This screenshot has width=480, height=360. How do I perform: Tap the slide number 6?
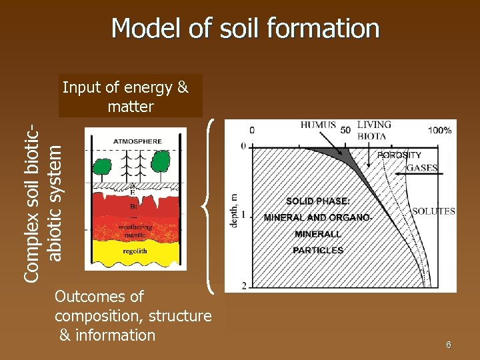pyautogui.click(x=449, y=345)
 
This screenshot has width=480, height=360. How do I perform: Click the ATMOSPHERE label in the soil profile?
pyautogui.click(x=137, y=141)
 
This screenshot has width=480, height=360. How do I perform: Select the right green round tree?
pyautogui.click(x=161, y=161)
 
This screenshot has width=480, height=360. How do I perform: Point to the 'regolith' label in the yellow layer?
pyautogui.click(x=137, y=252)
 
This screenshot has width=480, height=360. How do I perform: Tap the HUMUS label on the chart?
pyautogui.click(x=318, y=125)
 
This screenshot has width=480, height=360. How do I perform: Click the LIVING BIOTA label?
pyautogui.click(x=374, y=130)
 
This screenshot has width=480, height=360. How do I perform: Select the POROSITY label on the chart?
pyautogui.click(x=399, y=155)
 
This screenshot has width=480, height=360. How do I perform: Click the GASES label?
pyautogui.click(x=422, y=168)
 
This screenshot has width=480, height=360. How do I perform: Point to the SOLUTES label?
pyautogui.click(x=434, y=211)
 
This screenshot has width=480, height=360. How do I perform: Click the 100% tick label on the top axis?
pyautogui.click(x=439, y=131)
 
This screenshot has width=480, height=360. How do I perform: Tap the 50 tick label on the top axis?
pyautogui.click(x=345, y=129)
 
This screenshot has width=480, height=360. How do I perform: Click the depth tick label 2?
pyautogui.click(x=243, y=286)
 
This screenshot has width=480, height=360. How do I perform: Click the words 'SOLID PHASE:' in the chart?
pyautogui.click(x=317, y=201)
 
